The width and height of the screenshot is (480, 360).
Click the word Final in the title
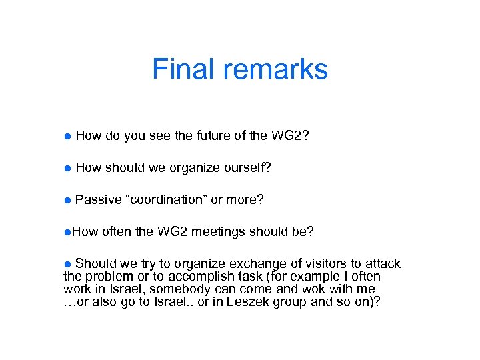point(178,69)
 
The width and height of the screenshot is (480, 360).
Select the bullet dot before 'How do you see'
point(67,137)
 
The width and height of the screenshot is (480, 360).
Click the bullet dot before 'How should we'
point(67,168)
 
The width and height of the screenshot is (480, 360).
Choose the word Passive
point(99,199)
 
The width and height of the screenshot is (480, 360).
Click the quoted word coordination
point(167,199)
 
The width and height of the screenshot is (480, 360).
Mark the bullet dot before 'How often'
point(67,232)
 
